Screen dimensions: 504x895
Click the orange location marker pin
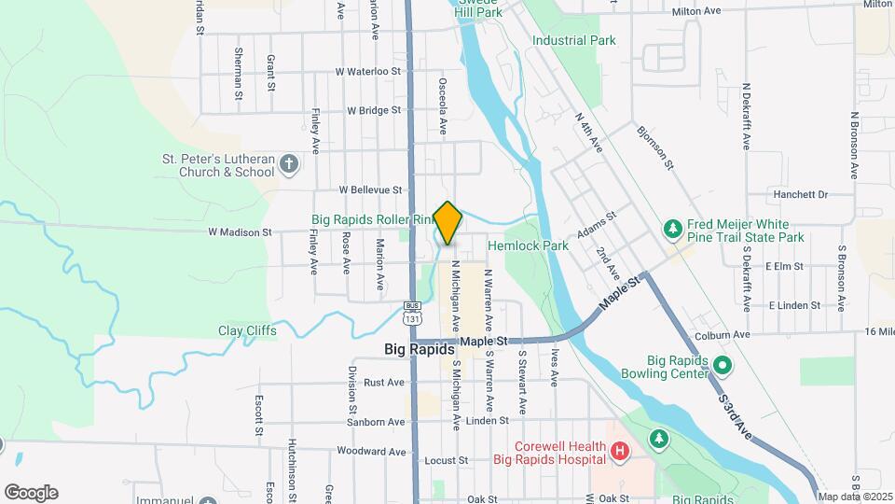coord(447,222)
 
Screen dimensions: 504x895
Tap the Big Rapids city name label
coord(419,348)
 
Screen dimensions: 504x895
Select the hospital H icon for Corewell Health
coord(619,453)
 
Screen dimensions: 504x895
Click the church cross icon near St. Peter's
coord(289,165)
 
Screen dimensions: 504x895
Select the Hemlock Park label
coord(528,245)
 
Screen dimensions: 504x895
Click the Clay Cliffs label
coord(247,330)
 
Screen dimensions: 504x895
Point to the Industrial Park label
coord(574,40)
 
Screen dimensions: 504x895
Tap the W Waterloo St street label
coord(367,71)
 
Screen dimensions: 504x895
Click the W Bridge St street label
coord(373,110)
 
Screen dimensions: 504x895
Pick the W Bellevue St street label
coord(370,189)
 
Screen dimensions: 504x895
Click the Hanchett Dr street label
coord(800,194)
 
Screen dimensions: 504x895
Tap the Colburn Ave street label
coord(722,335)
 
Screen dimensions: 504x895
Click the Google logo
coord(31,493)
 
